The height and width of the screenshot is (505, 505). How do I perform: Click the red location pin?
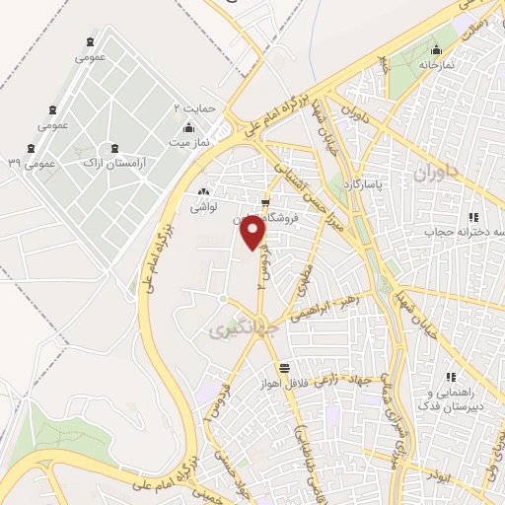coord(254,232)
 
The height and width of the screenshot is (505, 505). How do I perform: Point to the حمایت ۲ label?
coord(193,106)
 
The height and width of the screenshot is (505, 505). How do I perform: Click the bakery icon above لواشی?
coord(203,191)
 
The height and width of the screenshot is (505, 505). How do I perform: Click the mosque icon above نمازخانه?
coord(436,48)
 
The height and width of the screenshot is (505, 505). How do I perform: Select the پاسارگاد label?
coord(362,184)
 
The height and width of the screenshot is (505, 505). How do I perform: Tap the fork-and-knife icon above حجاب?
coord(473,217)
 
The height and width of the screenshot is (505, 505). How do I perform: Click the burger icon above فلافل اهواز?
coord(284,366)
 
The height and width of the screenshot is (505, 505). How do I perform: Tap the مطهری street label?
coord(301,280)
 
